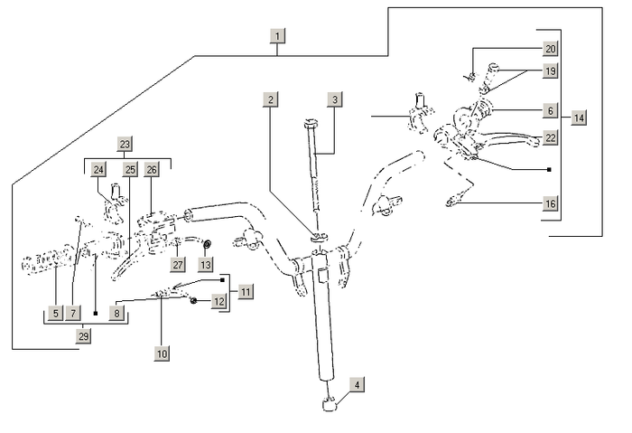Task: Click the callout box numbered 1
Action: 278,37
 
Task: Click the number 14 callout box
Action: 579,118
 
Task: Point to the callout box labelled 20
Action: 551,49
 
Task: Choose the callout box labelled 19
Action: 551,71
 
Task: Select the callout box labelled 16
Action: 551,204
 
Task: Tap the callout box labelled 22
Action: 551,137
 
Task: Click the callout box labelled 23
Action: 125,145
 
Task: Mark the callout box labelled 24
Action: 99,169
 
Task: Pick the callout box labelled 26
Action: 152,169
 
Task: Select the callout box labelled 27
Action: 178,264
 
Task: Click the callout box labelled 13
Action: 206,264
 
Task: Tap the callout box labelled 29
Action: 84,336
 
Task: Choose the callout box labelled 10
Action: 163,354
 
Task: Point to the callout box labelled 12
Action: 218,301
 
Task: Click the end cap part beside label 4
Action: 330,403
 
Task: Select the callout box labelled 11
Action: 246,291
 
